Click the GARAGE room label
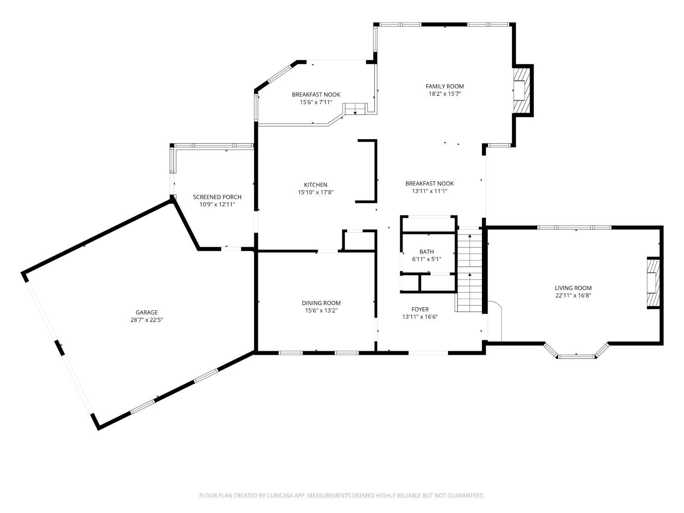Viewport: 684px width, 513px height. [146, 312]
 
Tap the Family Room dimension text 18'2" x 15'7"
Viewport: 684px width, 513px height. [445, 93]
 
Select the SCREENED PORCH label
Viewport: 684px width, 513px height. [217, 197]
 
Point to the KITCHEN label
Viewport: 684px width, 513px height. [316, 185]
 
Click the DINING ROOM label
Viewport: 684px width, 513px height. [321, 303]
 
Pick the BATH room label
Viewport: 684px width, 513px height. [427, 251]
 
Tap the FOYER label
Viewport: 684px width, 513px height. [420, 309]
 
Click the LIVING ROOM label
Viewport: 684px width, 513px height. [573, 288]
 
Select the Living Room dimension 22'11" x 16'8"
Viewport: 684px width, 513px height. [573, 295]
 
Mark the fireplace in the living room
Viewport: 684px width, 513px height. [653, 283]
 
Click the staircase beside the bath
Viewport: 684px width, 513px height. [469, 270]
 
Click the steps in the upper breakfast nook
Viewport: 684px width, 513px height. [355, 109]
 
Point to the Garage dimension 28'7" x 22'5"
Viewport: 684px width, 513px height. [146, 320]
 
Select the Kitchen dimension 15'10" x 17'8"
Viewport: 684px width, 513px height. [316, 192]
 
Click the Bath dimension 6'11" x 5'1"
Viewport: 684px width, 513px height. [427, 259]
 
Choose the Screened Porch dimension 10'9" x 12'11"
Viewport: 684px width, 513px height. [217, 204]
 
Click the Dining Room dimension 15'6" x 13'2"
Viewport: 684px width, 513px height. [321, 310]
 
